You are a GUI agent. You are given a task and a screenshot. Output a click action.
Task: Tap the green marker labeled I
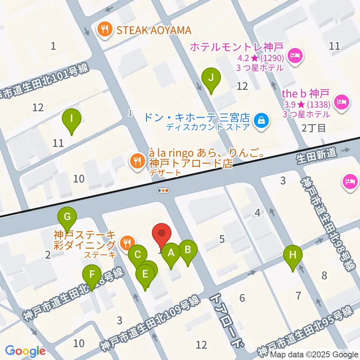point(71,120)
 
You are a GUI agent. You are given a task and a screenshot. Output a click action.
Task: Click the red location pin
point(162,234)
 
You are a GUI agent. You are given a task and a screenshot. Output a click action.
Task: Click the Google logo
point(25,351)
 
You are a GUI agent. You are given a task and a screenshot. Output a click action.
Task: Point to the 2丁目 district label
point(313,128)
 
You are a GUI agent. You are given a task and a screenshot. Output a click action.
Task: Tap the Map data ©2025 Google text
point(314,355)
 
